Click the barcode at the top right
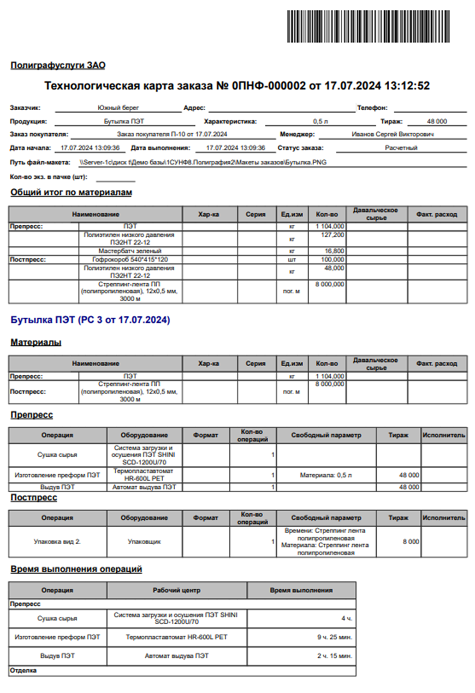369,26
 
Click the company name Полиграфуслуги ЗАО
58,65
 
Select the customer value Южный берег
117,108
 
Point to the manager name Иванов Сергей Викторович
393,134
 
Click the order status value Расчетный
401,148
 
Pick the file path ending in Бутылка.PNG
203,163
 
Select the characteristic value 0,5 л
320,122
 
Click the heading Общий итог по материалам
71,193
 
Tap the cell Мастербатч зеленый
130,251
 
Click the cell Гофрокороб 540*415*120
130,260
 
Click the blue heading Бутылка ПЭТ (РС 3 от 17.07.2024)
90,320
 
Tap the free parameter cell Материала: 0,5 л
326,475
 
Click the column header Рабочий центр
177,590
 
